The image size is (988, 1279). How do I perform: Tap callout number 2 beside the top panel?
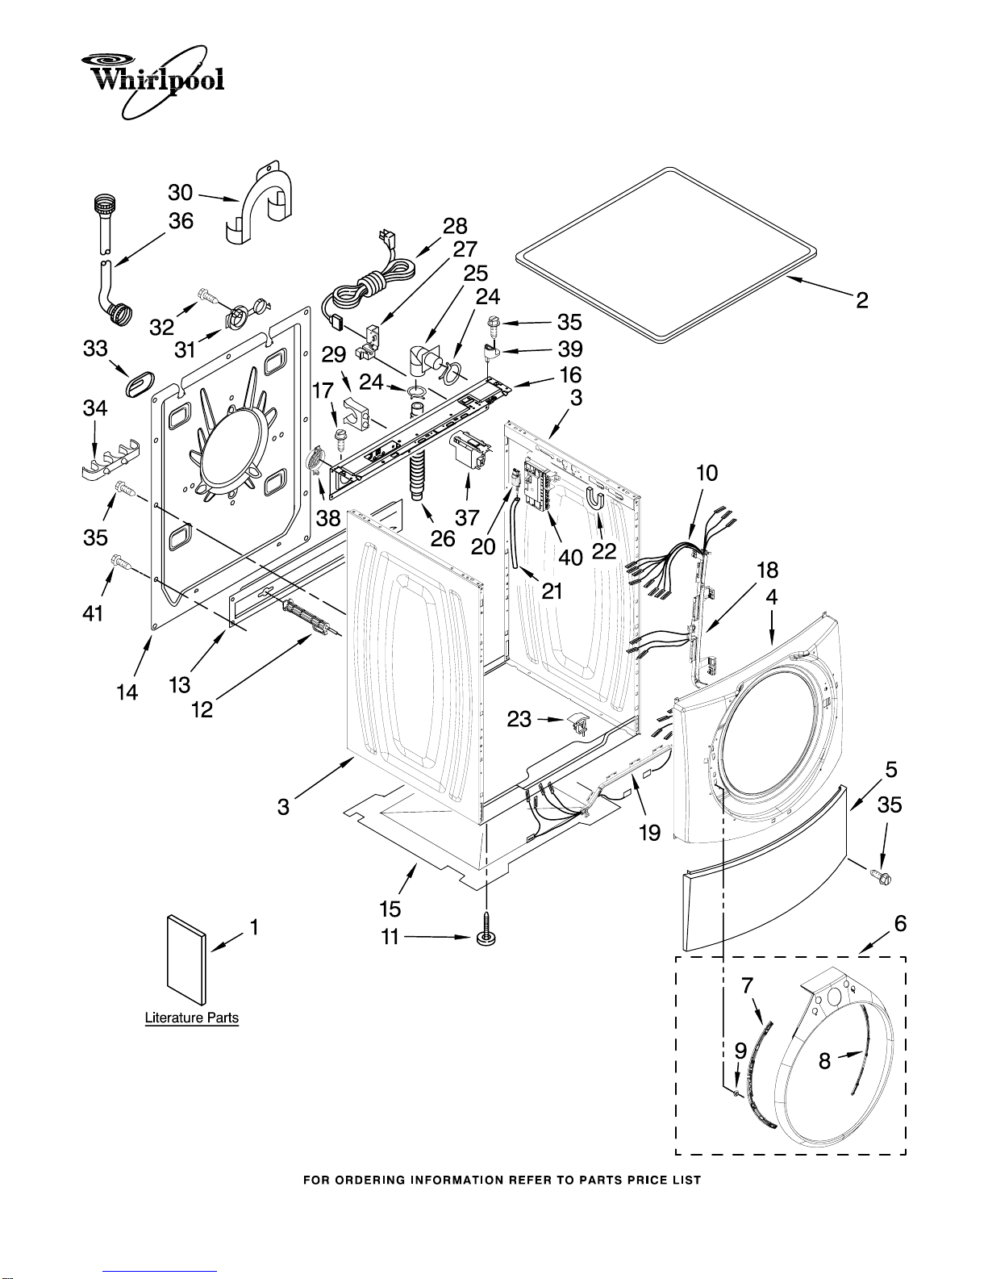pos(861,301)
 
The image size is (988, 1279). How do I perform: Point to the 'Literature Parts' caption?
pos(192,1018)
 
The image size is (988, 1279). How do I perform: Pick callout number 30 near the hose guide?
pos(181,193)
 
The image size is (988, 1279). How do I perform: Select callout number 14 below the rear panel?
pos(127,692)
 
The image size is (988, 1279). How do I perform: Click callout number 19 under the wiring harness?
pos(650,832)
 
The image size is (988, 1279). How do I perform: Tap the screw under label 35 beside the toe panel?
pos(881,877)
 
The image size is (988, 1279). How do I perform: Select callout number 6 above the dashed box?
pos(900,923)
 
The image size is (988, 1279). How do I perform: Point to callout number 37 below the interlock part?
pos(467,517)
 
